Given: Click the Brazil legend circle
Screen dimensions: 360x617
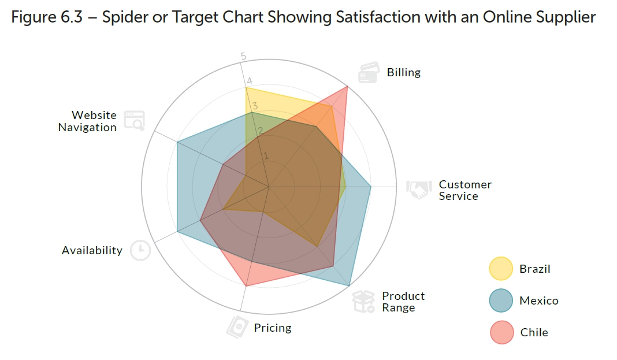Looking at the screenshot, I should click(500, 269).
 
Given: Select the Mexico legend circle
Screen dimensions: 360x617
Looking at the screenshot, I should click(500, 300).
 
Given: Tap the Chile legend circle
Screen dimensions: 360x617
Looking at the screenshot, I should click(500, 332).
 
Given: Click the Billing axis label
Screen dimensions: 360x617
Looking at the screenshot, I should click(404, 73).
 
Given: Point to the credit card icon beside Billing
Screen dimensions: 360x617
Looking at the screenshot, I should click(369, 73).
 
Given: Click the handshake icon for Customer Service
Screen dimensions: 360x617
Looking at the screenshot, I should click(419, 189).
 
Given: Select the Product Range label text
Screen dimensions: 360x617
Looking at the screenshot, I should click(403, 302).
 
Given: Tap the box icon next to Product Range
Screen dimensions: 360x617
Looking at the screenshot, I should click(364, 302).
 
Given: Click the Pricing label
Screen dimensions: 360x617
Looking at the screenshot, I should click(273, 328).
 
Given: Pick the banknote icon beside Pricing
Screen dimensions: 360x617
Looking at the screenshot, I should click(237, 327).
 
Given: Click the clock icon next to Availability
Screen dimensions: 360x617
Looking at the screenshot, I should click(140, 250).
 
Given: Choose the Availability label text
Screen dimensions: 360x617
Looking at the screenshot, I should click(92, 251).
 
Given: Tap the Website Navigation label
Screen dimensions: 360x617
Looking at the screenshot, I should click(87, 121).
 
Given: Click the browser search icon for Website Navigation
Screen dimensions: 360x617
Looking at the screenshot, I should click(135, 120).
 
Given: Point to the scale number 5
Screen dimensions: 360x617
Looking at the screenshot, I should click(243, 56).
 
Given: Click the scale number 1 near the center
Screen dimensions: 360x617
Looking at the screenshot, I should click(266, 156).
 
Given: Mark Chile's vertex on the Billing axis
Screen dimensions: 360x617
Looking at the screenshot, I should click(347, 86).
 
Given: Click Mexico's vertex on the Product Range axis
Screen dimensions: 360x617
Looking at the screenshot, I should click(350, 286).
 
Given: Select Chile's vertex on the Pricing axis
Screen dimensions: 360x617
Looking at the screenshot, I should click(246, 286).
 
